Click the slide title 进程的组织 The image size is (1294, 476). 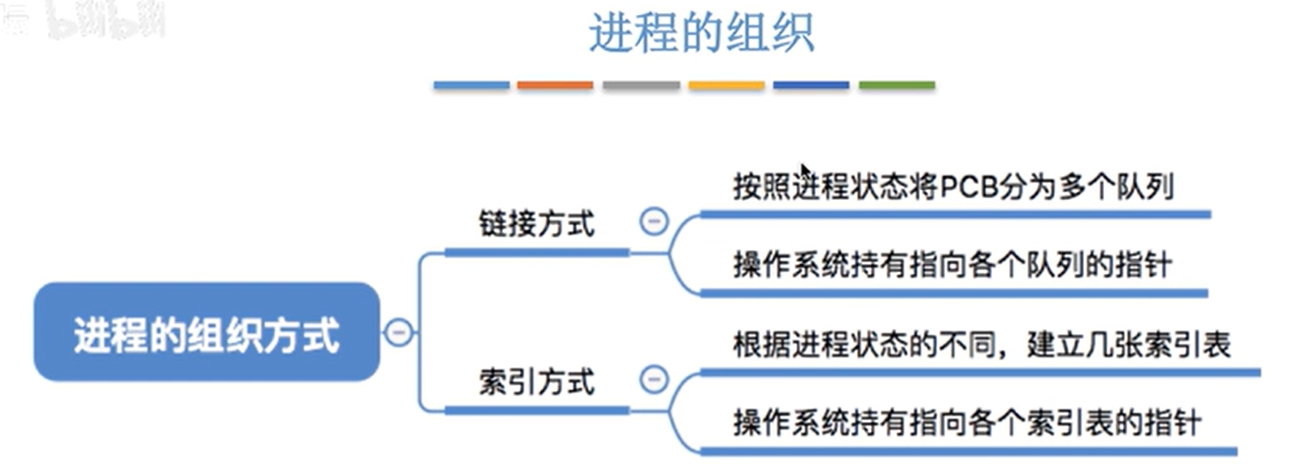(701, 33)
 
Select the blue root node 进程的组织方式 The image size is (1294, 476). (207, 332)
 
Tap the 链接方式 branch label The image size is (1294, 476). (536, 224)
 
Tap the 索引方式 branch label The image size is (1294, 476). (536, 382)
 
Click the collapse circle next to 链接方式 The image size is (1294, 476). (653, 221)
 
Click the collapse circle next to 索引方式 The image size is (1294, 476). (653, 379)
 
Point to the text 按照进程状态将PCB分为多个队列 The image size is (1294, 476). (952, 187)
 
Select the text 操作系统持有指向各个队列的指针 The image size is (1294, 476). (952, 265)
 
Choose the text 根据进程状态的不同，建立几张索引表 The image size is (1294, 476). (981, 344)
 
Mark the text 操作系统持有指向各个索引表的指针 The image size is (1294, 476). (967, 424)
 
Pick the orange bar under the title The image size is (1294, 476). (555, 85)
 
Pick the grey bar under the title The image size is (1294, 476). (641, 85)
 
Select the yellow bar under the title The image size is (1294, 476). (726, 85)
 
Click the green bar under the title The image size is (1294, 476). (896, 85)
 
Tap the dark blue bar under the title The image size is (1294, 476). (811, 85)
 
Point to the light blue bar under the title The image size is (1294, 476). (471, 85)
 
